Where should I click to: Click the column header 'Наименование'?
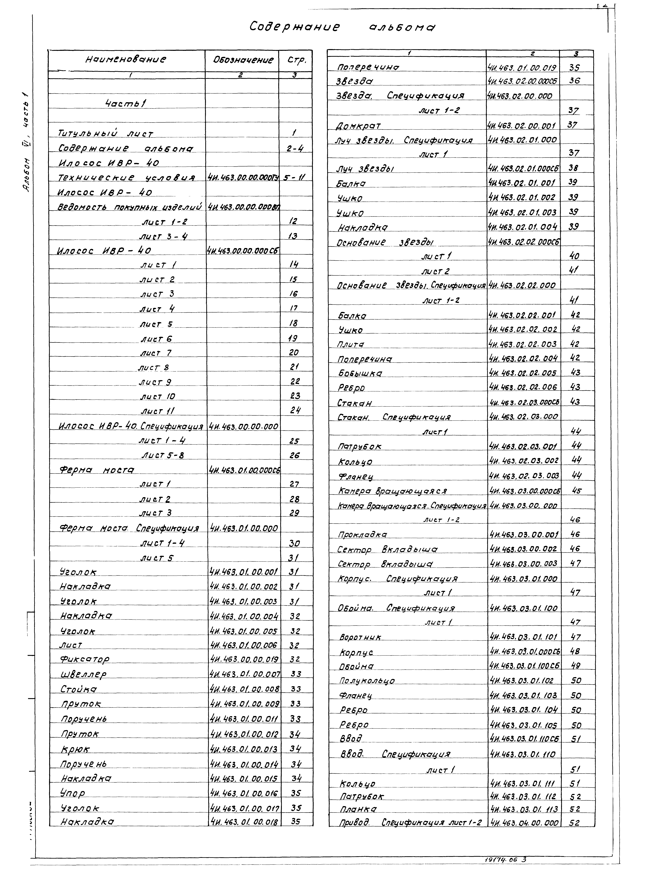point(126,60)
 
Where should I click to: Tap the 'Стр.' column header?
point(296,60)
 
